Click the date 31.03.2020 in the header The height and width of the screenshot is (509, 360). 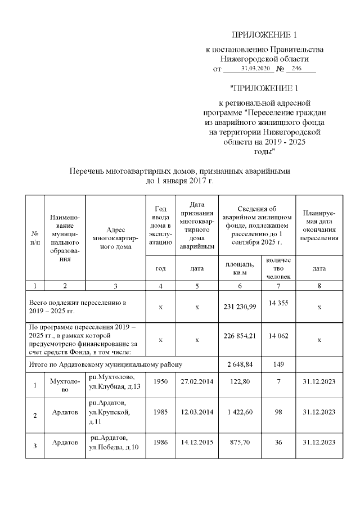256,69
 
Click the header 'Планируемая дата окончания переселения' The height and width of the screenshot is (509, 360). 319,226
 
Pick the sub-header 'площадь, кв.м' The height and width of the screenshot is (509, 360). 240,268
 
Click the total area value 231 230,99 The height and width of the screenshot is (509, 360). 240,307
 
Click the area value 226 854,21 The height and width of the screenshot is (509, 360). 240,340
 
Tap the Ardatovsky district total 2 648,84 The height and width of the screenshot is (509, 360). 240,364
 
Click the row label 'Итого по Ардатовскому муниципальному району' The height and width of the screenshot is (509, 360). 106,364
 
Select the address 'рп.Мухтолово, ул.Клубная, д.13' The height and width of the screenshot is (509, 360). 114,381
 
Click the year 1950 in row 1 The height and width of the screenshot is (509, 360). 161,381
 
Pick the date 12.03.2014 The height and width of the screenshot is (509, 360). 196,412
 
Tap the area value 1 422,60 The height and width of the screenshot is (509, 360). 240,412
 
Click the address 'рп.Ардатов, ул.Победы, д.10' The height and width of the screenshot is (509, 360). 114,442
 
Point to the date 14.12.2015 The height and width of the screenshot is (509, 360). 196,443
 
